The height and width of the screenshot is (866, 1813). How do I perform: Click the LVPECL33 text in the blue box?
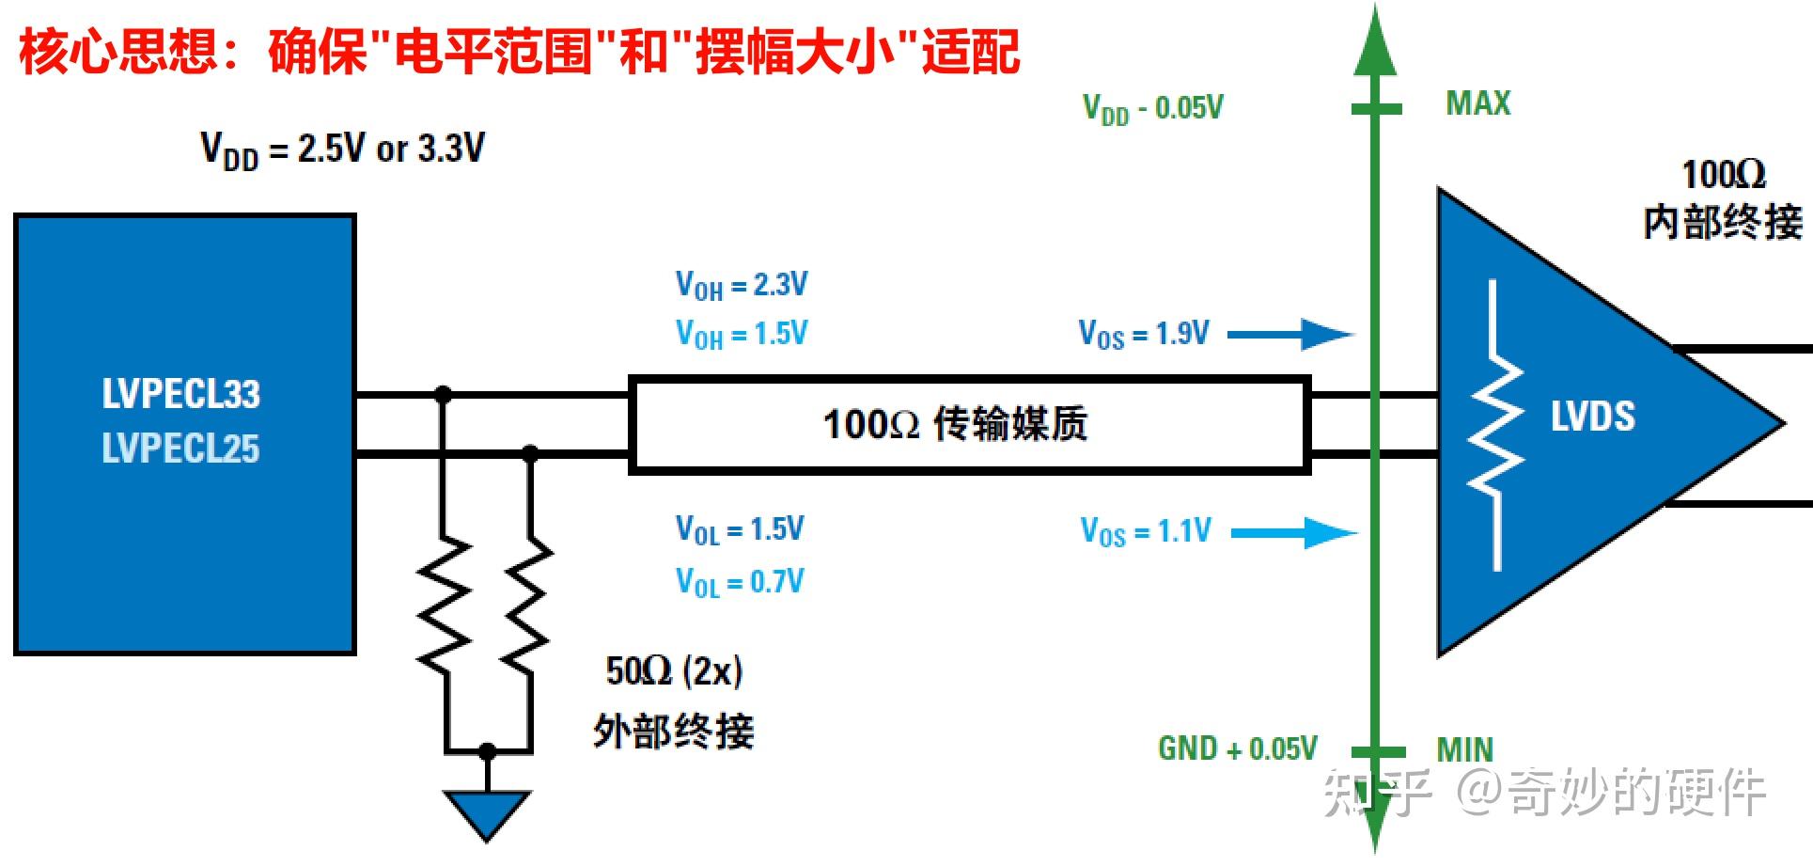pyautogui.click(x=180, y=394)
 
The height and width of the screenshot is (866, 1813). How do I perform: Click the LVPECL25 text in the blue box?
pyautogui.click(x=180, y=449)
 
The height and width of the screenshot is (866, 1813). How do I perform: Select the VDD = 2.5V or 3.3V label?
pyautogui.click(x=342, y=150)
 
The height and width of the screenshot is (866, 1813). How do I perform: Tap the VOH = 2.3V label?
pyautogui.click(x=741, y=285)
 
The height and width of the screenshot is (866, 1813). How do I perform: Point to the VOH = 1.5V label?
pyautogui.click(x=741, y=334)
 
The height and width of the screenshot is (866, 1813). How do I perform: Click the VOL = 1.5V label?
pyautogui.click(x=740, y=529)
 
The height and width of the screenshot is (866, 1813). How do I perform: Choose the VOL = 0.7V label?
pyautogui.click(x=740, y=582)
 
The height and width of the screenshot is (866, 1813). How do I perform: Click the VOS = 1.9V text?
pyautogui.click(x=1144, y=334)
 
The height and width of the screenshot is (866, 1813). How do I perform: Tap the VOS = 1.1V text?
pyautogui.click(x=1146, y=531)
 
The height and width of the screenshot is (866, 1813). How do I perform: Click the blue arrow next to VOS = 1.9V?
pyautogui.click(x=1290, y=334)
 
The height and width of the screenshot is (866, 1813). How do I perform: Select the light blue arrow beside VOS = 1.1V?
pyautogui.click(x=1294, y=533)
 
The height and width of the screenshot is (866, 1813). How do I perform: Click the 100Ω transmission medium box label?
pyautogui.click(x=955, y=424)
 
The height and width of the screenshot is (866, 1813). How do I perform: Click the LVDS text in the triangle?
pyautogui.click(x=1592, y=416)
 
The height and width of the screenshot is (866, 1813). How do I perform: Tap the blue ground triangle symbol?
pyautogui.click(x=487, y=811)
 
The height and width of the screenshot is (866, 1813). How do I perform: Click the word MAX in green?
pyautogui.click(x=1477, y=103)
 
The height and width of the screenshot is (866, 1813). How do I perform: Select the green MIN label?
pyautogui.click(x=1464, y=749)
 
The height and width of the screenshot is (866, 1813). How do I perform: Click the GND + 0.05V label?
pyautogui.click(x=1237, y=748)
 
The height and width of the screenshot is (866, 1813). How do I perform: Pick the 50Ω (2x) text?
pyautogui.click(x=674, y=671)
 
